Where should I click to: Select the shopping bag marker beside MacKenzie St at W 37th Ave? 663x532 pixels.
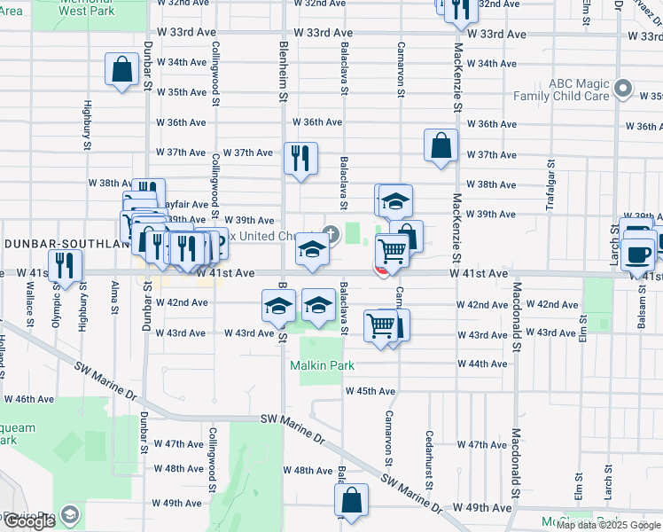pyautogui.click(x=441, y=145)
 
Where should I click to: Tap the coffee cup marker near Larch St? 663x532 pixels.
pyautogui.click(x=637, y=254)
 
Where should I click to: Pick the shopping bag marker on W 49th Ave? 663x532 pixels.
pyautogui.click(x=352, y=499)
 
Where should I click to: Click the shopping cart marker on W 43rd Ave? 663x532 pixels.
pyautogui.click(x=381, y=326)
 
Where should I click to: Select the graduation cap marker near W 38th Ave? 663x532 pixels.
pyautogui.click(x=395, y=201)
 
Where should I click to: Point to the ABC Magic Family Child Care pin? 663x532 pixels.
pyautogui.click(x=623, y=90)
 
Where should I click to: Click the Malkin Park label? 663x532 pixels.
pyautogui.click(x=322, y=365)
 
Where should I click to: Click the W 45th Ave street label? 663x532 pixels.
pyautogui.click(x=370, y=391)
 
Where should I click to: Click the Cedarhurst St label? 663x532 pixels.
pyautogui.click(x=428, y=459)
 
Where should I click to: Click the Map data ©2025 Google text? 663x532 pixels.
pyautogui.click(x=608, y=525)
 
